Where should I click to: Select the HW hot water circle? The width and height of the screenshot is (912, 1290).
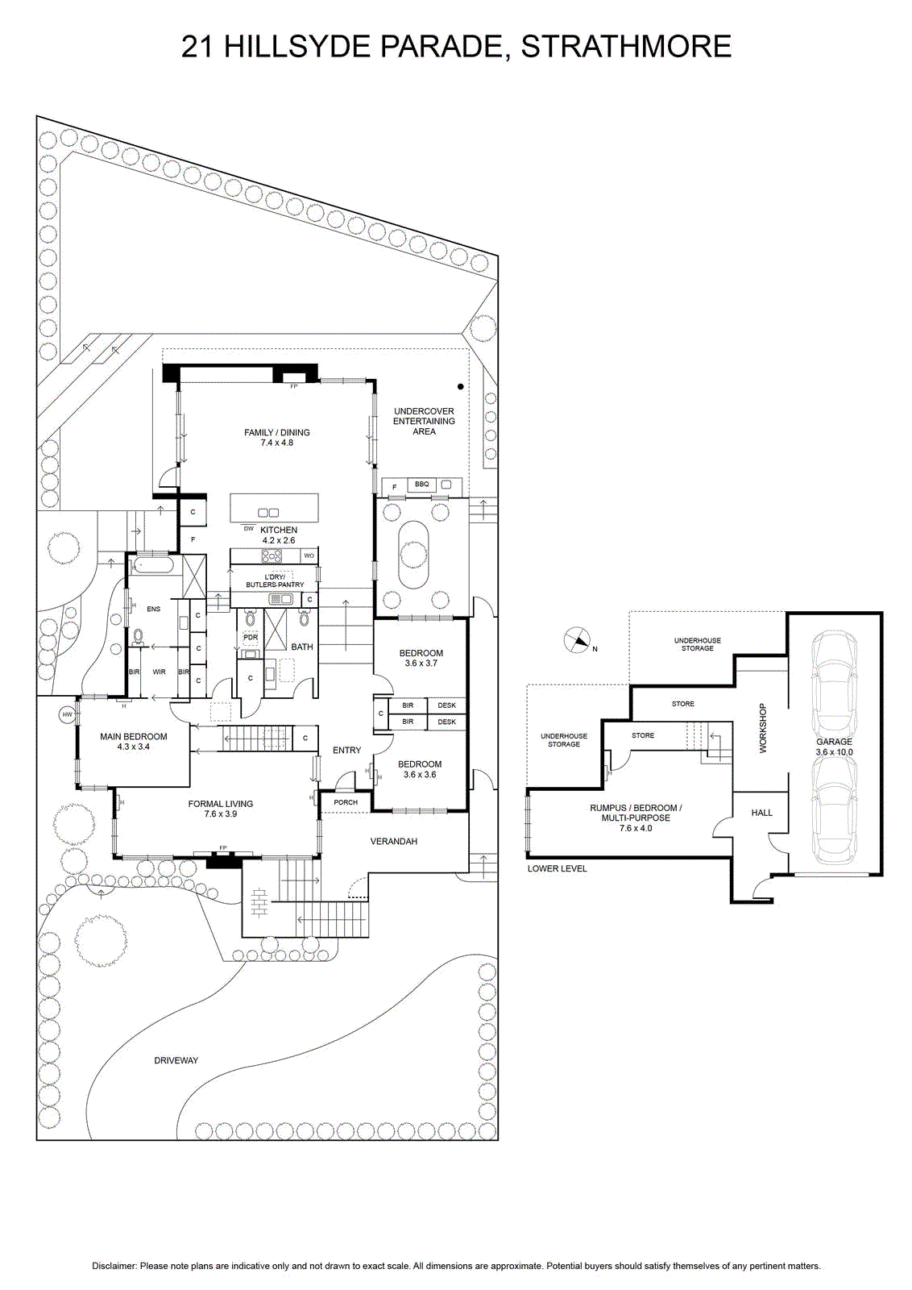point(68,714)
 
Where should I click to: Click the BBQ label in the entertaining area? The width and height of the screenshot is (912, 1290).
point(422,485)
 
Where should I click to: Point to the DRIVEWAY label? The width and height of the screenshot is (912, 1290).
point(176,1060)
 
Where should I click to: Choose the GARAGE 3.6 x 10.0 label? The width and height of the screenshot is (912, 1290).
point(835,747)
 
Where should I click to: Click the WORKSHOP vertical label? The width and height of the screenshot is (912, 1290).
point(763,729)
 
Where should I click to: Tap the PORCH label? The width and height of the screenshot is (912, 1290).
point(346,802)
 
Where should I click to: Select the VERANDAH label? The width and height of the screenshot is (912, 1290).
point(394,842)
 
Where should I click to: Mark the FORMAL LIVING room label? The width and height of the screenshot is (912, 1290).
point(221,809)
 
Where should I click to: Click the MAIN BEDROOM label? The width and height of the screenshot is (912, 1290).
point(134,741)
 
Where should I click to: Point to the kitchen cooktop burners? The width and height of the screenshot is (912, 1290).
point(272,556)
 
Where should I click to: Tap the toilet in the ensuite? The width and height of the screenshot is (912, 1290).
point(138,636)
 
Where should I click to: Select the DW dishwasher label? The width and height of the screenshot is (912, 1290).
point(249,527)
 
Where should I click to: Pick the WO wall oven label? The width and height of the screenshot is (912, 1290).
point(309,556)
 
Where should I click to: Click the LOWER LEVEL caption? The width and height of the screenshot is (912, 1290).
point(557,868)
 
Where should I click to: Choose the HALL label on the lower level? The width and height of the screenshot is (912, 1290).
point(762,813)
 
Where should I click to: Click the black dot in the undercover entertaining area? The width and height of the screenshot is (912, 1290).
point(460,387)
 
